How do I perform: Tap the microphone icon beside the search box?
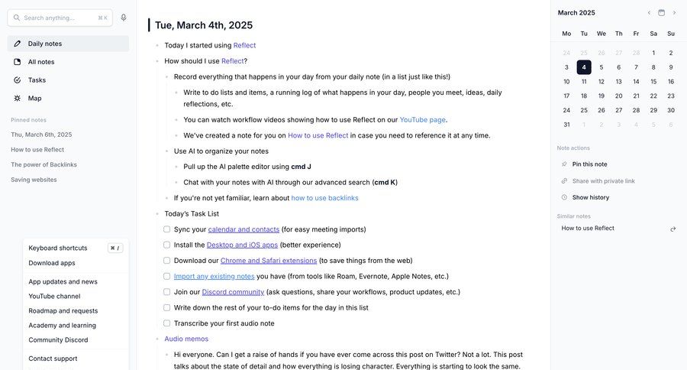[x=124, y=18]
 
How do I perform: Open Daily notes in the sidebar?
[x=45, y=44]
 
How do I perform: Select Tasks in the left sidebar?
[x=37, y=80]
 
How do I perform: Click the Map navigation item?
[x=34, y=99]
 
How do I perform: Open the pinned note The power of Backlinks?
[x=44, y=164]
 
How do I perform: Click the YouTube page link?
[x=423, y=120]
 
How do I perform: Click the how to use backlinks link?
[x=324, y=198]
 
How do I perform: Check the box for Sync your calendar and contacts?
[x=167, y=229]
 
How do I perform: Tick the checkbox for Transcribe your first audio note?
[x=167, y=323]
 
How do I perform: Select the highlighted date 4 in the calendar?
[x=584, y=67]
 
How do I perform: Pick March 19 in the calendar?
[x=602, y=96]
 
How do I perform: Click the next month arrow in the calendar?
[x=674, y=13]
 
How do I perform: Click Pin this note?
[x=589, y=164]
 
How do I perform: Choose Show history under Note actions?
[x=590, y=197]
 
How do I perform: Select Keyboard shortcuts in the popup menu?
[x=58, y=248]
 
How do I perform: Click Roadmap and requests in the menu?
[x=63, y=311]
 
